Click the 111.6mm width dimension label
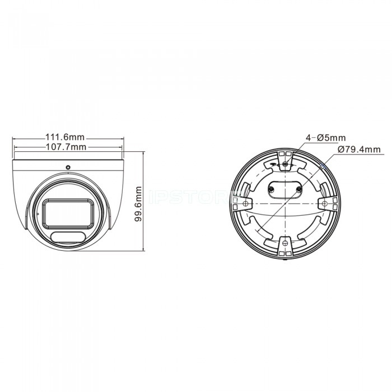click(x=65, y=137)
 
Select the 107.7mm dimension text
click(x=66, y=147)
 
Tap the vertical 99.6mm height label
click(x=138, y=204)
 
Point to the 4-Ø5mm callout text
click(x=326, y=138)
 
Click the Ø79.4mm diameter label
click(x=359, y=150)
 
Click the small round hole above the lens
click(x=68, y=167)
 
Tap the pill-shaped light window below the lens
click(x=68, y=237)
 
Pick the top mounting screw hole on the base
click(x=285, y=164)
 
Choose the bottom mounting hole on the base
click(x=285, y=242)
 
